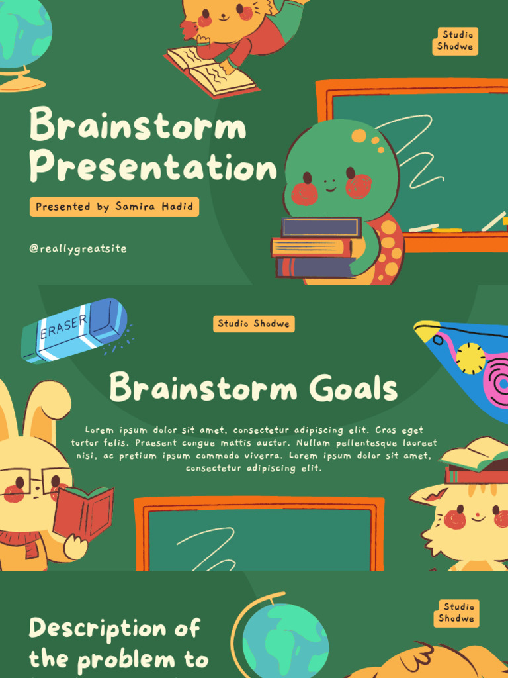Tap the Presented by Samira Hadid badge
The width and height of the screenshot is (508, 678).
click(114, 207)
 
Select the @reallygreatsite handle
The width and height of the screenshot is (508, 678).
click(78, 249)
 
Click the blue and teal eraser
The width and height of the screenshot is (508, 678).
click(73, 330)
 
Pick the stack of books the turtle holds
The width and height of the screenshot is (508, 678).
click(316, 248)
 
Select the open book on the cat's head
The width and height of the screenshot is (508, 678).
click(475, 457)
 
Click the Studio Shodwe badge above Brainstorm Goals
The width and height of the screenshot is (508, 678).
click(254, 324)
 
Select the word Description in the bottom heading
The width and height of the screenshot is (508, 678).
click(114, 628)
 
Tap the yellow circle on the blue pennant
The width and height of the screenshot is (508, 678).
click(470, 358)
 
